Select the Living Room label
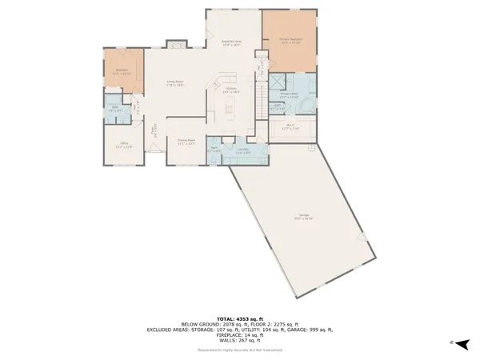(176, 82)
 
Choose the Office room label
(123, 146)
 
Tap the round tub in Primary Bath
(310, 102)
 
